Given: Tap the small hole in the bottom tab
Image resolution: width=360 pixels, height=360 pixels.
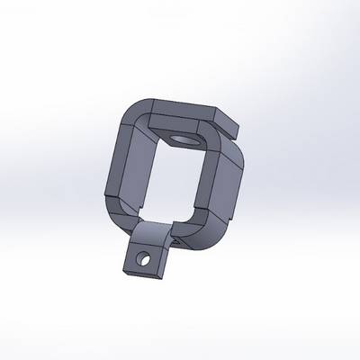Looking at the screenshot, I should (141, 262).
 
